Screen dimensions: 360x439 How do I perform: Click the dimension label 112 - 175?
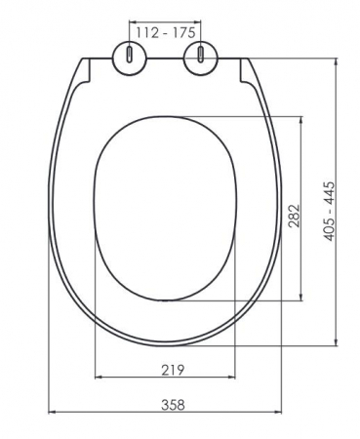[166, 32]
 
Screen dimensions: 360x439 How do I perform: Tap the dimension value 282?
[294, 216]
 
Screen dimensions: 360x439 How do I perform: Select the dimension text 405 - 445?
[330, 212]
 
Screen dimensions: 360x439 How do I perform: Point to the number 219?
[173, 370]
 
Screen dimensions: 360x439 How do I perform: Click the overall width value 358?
[173, 405]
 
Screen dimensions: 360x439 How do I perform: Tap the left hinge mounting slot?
[130, 55]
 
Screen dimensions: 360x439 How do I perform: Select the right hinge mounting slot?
[201, 55]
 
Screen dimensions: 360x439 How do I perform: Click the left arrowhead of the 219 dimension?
[98, 378]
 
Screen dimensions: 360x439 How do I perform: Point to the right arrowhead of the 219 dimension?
[231, 378]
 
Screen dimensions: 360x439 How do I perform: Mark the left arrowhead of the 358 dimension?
[52, 413]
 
